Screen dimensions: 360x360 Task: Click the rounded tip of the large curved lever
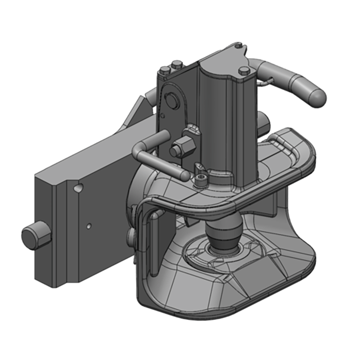316,97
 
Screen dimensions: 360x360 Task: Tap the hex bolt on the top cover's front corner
244,71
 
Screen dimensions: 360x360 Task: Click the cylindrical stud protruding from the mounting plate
34,236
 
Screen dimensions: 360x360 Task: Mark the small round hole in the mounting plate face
90,225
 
